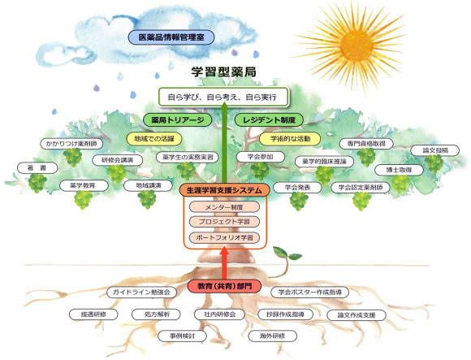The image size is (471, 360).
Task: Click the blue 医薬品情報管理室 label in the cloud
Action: coord(171,37)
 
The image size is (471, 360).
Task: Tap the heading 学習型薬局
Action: coord(224,72)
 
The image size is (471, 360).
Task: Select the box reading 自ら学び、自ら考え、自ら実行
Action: coord(223,97)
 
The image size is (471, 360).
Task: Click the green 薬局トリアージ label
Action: coord(178,120)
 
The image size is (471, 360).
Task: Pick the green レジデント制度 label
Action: coord(269,120)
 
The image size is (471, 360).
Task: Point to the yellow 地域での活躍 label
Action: coord(154,139)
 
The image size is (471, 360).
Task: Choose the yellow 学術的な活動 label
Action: coord(290,139)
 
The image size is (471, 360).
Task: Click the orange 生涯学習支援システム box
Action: coord(224,190)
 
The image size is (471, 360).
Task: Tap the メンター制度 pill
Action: coord(224,207)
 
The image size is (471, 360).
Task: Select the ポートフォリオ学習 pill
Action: coord(224,237)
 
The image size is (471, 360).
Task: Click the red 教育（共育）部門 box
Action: coord(224,286)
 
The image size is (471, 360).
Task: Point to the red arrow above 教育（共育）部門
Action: coord(224,263)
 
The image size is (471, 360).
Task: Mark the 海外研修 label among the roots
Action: coord(272,336)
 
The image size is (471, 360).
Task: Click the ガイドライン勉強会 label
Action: coord(141,292)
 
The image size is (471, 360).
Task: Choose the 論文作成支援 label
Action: coord(356,315)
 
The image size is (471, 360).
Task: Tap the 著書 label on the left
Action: coord(37,168)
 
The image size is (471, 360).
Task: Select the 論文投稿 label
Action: coord(435,150)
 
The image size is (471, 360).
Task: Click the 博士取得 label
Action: coord(399,170)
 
